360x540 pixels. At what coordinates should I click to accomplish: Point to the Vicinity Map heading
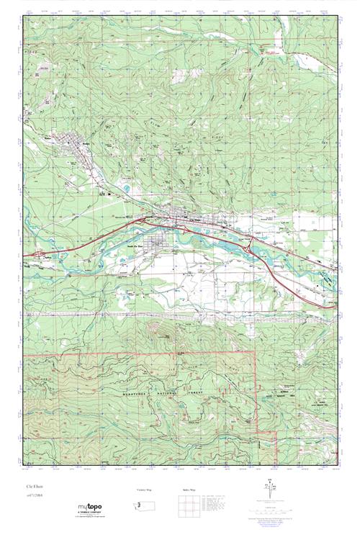point(145,490)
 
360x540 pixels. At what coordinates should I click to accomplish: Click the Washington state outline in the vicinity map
point(145,505)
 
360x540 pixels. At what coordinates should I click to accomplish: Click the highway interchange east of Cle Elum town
point(249,247)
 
